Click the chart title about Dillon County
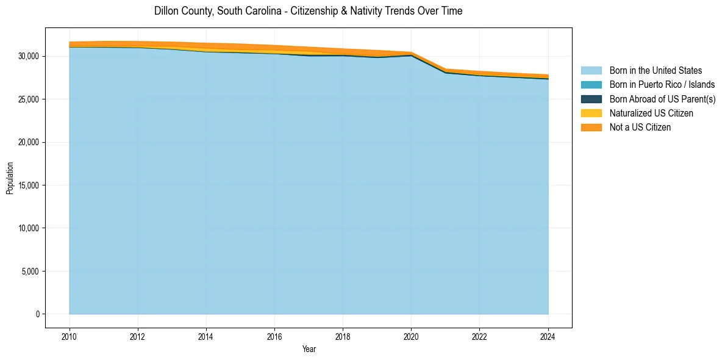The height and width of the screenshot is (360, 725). click(308, 11)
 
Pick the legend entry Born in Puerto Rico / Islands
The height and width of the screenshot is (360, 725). click(662, 85)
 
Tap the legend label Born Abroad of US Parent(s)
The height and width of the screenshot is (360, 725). click(662, 99)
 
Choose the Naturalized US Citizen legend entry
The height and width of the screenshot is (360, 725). click(651, 113)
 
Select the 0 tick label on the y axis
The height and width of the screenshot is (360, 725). click(37, 314)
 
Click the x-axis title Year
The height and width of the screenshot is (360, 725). click(309, 349)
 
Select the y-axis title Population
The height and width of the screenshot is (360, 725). click(10, 178)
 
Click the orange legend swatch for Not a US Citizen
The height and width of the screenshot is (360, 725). click(591, 128)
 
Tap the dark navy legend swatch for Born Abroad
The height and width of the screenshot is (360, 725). click(591, 99)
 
